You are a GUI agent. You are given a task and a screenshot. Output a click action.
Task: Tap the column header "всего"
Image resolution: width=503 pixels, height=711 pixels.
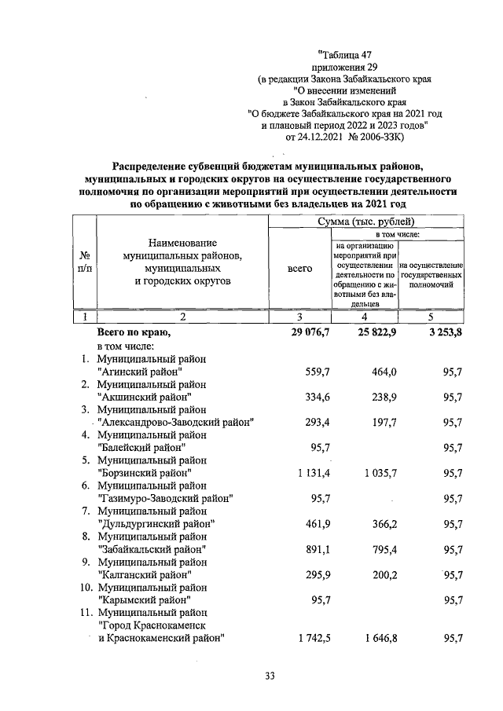pyautogui.click(x=300, y=268)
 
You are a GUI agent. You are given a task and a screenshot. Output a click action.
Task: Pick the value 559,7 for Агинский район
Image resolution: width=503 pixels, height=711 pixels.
pyautogui.click(x=317, y=372)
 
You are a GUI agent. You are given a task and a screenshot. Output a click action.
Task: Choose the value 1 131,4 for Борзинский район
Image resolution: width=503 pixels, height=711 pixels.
pyautogui.click(x=314, y=473)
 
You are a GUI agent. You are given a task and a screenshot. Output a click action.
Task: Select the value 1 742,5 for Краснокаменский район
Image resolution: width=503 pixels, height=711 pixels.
pyautogui.click(x=314, y=638)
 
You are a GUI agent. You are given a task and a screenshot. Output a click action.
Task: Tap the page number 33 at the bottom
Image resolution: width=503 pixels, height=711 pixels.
pyautogui.click(x=269, y=676)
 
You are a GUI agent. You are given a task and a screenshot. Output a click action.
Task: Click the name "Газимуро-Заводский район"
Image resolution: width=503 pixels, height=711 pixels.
pyautogui.click(x=165, y=498)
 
